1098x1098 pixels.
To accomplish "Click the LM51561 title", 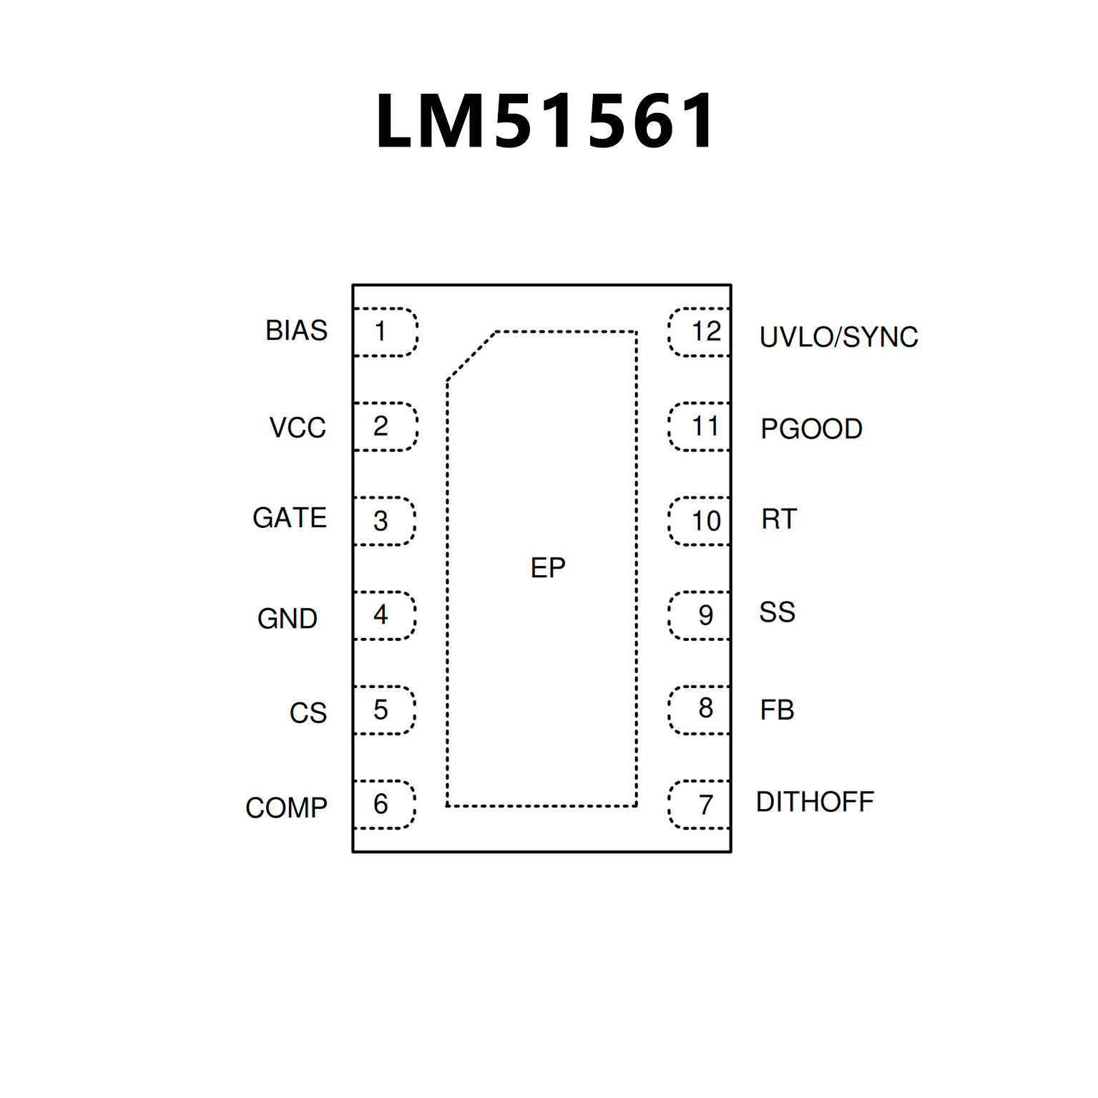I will tap(545, 121).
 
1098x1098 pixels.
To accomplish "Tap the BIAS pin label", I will tap(296, 330).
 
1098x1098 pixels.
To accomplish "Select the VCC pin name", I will tap(298, 428).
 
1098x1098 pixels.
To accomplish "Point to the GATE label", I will tap(290, 518).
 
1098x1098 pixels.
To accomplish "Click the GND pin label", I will tap(288, 619).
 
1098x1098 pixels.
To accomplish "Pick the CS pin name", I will tap(308, 713).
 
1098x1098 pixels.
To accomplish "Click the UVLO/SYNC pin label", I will tap(838, 337).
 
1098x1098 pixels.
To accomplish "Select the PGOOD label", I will tap(811, 429).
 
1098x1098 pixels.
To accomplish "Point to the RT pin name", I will tap(779, 519).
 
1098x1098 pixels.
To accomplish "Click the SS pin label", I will tap(777, 612).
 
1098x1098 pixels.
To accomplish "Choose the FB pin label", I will tap(777, 710).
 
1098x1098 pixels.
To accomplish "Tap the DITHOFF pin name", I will tap(815, 803).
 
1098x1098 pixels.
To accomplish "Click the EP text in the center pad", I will tap(548, 568).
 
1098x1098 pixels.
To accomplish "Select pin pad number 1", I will tap(385, 332).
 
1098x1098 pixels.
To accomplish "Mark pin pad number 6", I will tap(384, 805).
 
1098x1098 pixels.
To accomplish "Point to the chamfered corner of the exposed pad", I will tap(471, 356).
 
